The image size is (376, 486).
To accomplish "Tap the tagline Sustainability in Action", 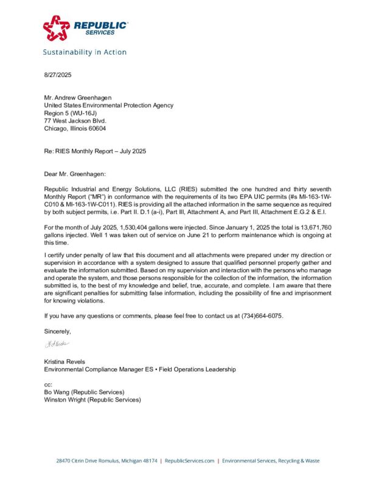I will [85, 52].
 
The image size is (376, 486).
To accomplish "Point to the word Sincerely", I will [57, 331].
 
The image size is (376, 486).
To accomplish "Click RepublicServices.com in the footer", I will [189, 461].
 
